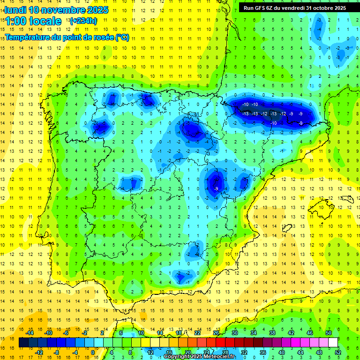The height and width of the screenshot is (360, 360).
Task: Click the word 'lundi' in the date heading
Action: (x=15, y=10)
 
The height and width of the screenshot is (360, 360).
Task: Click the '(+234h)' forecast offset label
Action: (x=83, y=21)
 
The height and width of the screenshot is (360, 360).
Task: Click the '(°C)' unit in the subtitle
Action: (x=122, y=37)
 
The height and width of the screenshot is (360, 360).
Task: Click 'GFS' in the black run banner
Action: (x=262, y=7)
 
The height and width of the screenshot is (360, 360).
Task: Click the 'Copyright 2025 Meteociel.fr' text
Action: (x=199, y=357)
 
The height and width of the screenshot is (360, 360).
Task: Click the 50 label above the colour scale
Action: (x=328, y=333)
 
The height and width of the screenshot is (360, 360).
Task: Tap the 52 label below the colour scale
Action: (x=337, y=352)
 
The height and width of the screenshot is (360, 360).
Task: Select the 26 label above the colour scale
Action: (x=216, y=333)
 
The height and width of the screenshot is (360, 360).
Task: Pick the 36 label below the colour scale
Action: (x=262, y=352)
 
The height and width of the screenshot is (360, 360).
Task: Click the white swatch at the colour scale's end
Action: (x=333, y=342)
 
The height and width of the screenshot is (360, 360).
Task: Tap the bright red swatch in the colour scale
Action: (x=220, y=342)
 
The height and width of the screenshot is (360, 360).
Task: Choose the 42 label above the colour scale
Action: (x=291, y=333)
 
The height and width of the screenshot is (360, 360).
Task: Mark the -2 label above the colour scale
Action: (x=84, y=333)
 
